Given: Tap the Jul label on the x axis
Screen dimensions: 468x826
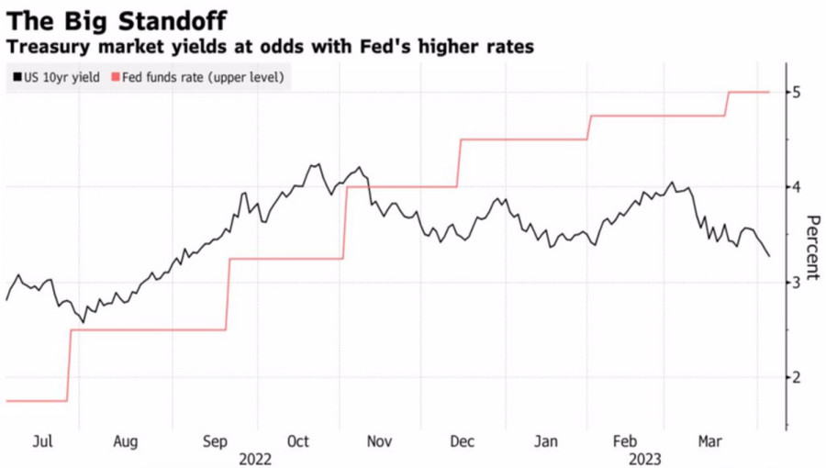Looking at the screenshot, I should pyautogui.click(x=42, y=441).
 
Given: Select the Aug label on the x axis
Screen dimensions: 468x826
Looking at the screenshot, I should pyautogui.click(x=126, y=441).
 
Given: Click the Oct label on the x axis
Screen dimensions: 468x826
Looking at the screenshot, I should pyautogui.click(x=298, y=441).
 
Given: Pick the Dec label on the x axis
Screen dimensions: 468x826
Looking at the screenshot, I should pyautogui.click(x=463, y=441).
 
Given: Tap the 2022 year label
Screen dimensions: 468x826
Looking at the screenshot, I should pyautogui.click(x=256, y=457).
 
